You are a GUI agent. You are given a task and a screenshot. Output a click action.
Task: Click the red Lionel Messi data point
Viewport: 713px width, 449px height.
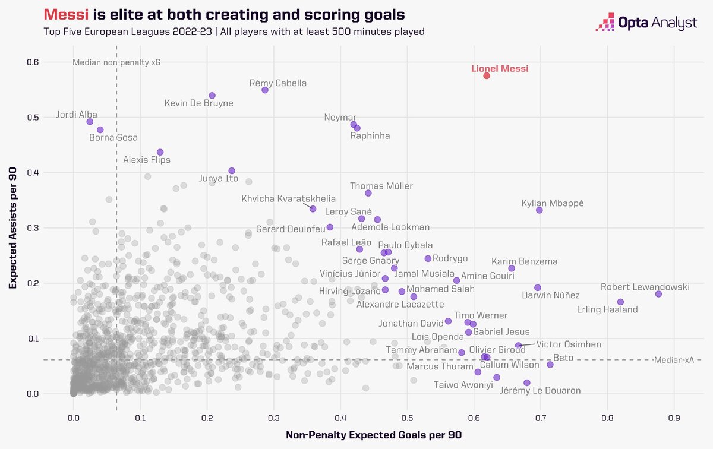point(487,76)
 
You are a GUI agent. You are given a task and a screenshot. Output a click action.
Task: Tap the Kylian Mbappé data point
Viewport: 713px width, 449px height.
point(540,210)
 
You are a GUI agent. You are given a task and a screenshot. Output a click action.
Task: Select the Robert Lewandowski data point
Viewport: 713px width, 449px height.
point(658,294)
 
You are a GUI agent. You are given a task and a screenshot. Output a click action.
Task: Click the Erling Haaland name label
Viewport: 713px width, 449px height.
point(607,309)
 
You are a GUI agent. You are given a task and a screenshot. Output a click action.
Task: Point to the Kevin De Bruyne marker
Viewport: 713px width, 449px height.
point(212,96)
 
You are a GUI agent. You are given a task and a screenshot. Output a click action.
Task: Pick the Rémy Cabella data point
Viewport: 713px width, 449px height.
point(265,90)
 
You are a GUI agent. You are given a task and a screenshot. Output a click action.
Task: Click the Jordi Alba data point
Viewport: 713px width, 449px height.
point(90,121)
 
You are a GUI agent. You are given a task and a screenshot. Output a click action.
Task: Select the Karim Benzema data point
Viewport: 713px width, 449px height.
point(512,268)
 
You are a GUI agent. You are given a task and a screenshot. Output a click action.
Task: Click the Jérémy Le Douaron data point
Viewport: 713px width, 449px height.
point(526,383)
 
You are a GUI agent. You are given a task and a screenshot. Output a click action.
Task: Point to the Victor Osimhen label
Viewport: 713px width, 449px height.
point(569,344)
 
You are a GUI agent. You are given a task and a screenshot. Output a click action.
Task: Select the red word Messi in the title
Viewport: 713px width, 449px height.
point(67,14)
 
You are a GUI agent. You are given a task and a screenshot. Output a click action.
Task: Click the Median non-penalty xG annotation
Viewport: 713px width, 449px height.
point(116,62)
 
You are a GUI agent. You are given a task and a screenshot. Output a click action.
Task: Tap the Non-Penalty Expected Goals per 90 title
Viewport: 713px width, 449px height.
point(373,435)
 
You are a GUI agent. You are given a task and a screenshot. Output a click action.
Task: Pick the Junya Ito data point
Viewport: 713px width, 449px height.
point(232,171)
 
